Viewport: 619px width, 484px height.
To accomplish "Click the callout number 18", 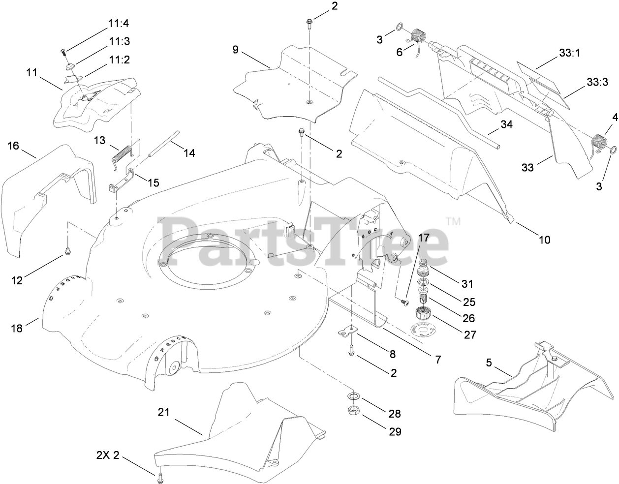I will [x=17, y=328].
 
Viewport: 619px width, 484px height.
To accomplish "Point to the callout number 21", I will [x=163, y=412].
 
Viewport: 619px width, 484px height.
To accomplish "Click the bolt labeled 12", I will [x=66, y=252].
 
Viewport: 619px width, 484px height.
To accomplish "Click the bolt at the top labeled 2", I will [x=309, y=22].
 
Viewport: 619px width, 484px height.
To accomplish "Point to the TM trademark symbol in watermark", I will [x=454, y=222].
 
